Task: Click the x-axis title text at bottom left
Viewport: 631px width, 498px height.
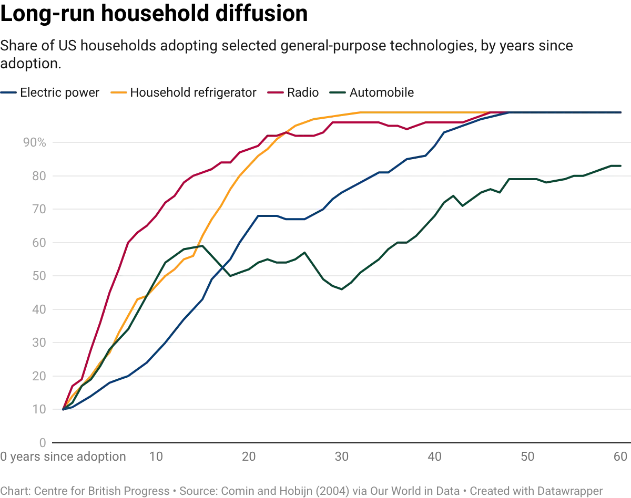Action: tap(63, 456)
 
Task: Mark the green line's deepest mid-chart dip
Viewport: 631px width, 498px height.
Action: tap(342, 289)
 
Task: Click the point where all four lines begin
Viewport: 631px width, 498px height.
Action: tap(63, 409)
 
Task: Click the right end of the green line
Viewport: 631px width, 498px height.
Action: tap(622, 165)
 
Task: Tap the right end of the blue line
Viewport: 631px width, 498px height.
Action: tap(622, 112)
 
